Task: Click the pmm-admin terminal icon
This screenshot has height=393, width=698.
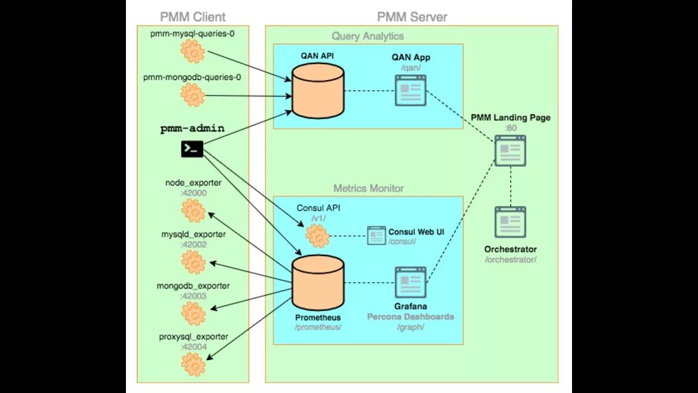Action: click(x=192, y=149)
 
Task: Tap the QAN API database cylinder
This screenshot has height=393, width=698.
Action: click(x=318, y=91)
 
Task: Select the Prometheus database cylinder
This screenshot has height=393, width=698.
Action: click(x=318, y=283)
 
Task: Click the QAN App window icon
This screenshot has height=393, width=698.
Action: click(x=411, y=91)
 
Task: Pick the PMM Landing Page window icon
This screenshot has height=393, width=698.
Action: click(x=510, y=151)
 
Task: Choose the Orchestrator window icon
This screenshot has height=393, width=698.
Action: click(x=510, y=222)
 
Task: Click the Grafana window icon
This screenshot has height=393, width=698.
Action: click(x=411, y=282)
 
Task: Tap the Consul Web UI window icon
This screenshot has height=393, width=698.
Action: click(x=376, y=235)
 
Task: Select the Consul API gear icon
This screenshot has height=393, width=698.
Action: click(x=317, y=236)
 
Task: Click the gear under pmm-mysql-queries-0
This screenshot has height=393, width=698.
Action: click(x=193, y=51)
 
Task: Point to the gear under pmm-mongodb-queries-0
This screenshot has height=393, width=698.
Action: click(x=193, y=95)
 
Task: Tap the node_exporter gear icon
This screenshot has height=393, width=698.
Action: click(x=194, y=211)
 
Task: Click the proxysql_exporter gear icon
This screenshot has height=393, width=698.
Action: click(x=194, y=364)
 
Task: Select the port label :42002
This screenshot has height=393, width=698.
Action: click(x=194, y=245)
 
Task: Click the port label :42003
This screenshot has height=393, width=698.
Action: click(x=193, y=296)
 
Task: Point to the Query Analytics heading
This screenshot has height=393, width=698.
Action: click(x=368, y=36)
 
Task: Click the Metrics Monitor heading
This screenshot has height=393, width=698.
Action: click(x=369, y=188)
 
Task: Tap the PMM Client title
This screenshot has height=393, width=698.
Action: click(x=193, y=17)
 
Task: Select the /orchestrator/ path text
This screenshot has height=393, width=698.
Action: click(x=510, y=260)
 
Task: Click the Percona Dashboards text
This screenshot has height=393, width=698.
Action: click(x=411, y=317)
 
